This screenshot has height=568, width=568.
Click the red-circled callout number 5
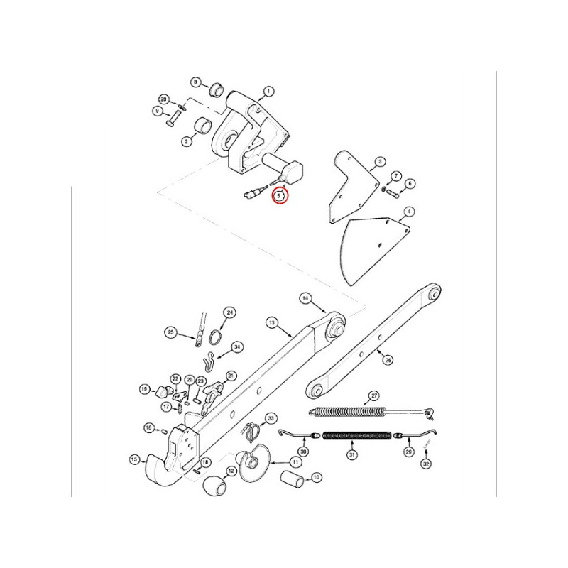pos(280,195)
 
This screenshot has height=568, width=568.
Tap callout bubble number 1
pos(268,92)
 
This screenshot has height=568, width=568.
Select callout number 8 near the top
pos(195,82)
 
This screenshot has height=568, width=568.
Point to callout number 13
pos(271,323)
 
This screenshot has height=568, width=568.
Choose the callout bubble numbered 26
pos(388,360)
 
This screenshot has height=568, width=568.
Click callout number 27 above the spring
pos(375,395)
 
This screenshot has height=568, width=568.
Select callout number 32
pos(426,464)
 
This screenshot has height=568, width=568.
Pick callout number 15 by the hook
pos(134,459)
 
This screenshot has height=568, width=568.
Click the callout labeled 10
pos(317,477)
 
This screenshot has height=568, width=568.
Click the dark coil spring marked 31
pos(357,435)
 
